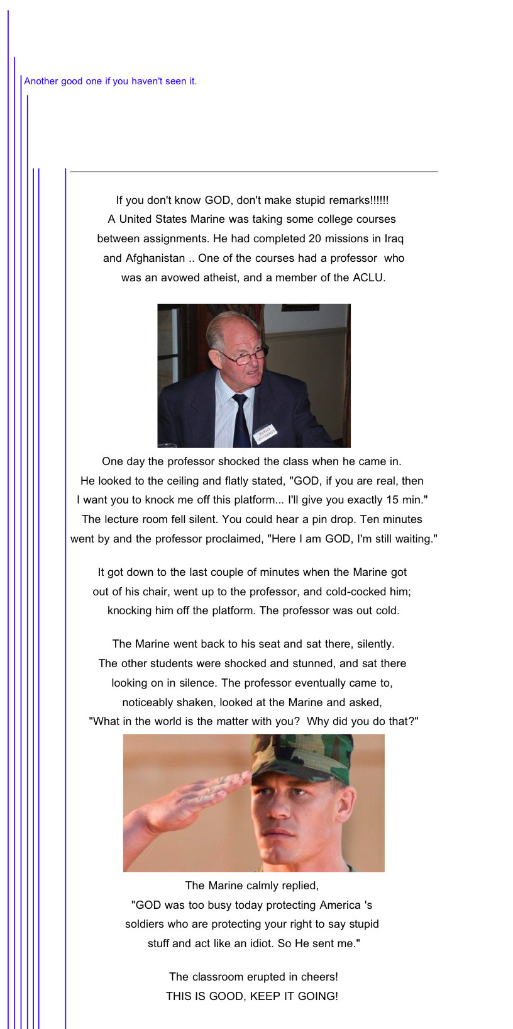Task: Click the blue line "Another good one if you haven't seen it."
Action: tap(111, 81)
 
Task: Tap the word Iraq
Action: tap(393, 239)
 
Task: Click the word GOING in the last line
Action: tap(317, 996)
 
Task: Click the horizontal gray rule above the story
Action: tap(254, 171)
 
